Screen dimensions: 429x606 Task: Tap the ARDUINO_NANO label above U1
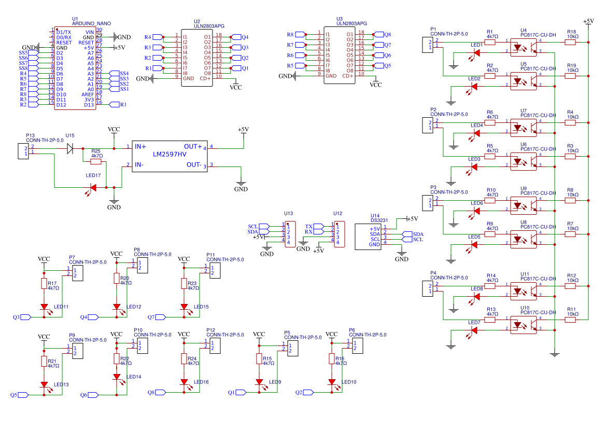coord(91,24)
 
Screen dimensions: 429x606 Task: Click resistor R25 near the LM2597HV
coord(97,161)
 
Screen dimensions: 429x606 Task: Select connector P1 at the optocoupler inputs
coord(429,45)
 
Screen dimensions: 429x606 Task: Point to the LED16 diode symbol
coord(184,382)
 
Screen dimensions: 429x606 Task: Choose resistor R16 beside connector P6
coord(332,359)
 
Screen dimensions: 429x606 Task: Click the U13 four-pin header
coord(290,233)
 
